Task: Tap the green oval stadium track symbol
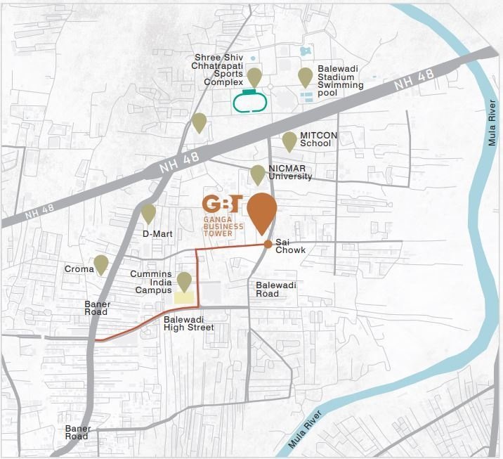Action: tap(249, 103)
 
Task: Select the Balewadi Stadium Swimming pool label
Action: tap(341, 78)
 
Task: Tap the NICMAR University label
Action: tap(290, 172)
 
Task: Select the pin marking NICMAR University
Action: tap(258, 174)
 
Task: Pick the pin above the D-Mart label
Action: tap(148, 212)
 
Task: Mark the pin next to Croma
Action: tap(101, 264)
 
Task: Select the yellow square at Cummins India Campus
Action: tap(184, 297)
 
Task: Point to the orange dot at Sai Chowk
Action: tap(268, 245)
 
